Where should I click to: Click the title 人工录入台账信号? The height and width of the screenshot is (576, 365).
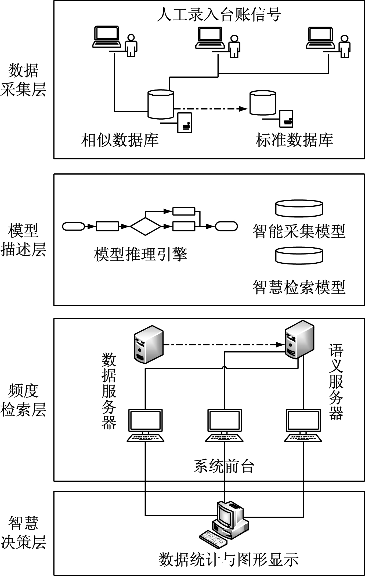219,15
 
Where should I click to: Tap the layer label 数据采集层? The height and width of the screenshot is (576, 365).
23,80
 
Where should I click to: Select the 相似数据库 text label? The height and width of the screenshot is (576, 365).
120,140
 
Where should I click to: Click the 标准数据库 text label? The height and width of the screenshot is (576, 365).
294,140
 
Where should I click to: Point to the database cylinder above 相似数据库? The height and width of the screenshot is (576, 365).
161,104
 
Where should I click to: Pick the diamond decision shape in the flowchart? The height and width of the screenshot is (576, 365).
145,227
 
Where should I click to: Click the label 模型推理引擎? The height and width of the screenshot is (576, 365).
140,254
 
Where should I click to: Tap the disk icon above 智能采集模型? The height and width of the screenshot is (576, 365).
299,208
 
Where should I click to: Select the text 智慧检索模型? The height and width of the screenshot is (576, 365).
299,287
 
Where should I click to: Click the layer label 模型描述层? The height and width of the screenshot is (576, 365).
23,240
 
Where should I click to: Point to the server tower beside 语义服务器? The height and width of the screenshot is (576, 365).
299,340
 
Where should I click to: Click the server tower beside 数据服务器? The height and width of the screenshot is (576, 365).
149,344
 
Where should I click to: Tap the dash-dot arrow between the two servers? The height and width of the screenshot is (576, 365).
223,344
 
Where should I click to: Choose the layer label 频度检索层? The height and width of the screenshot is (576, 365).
23,400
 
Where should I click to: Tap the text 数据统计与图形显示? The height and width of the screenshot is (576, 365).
228,560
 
